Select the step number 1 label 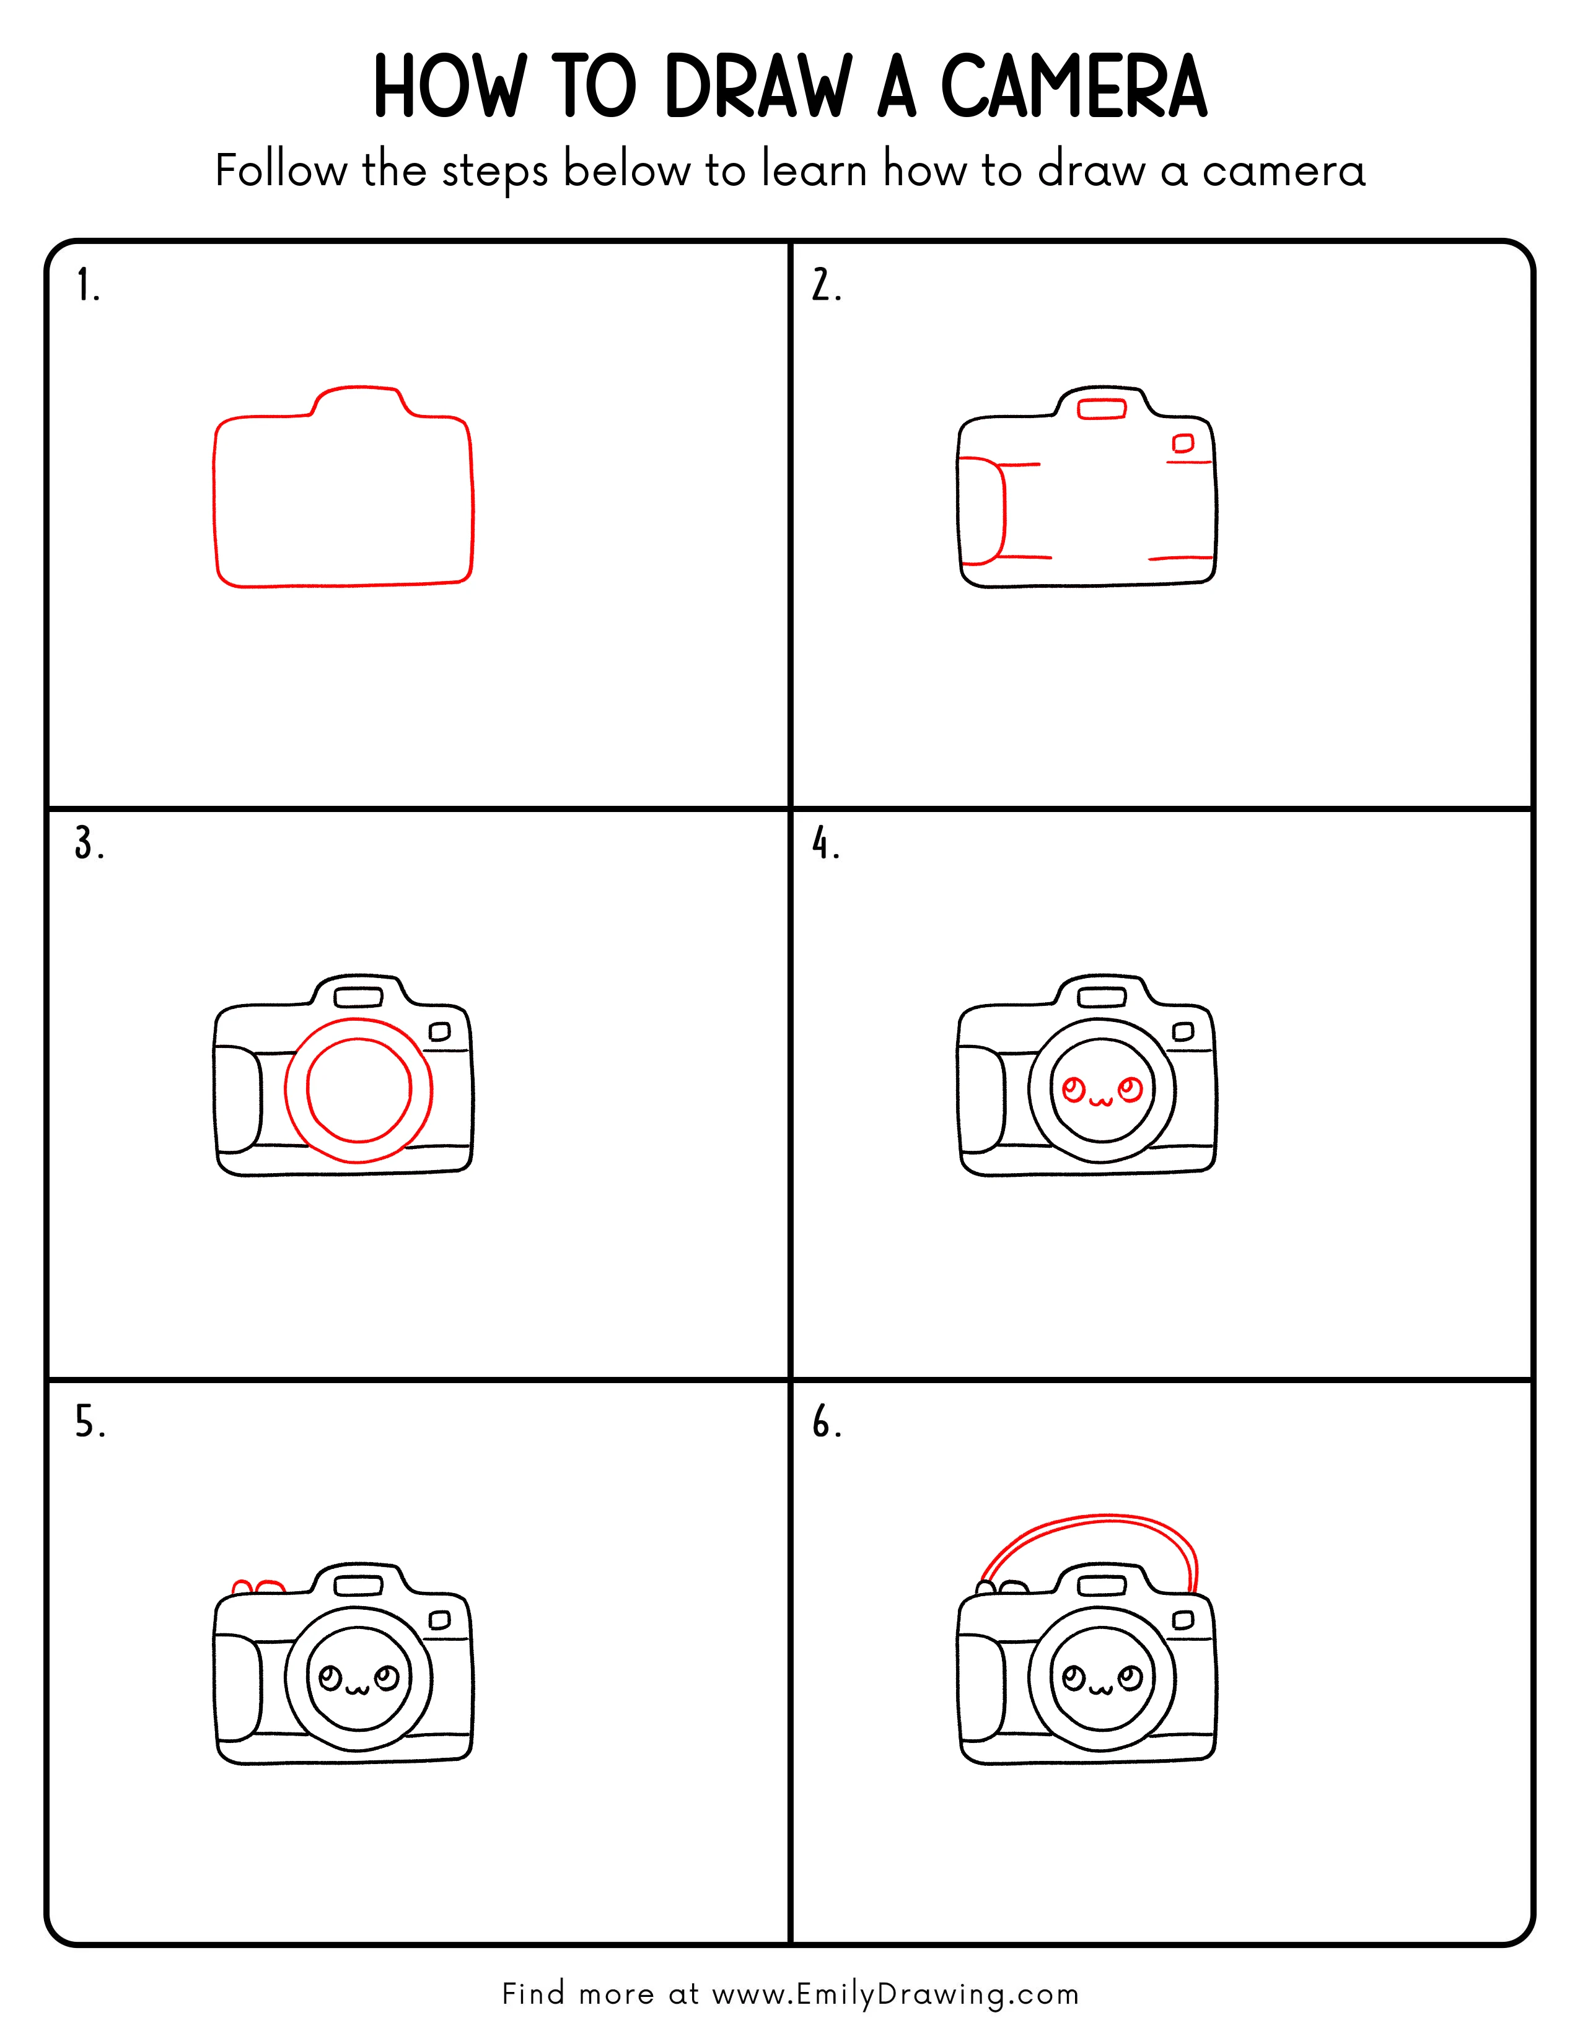[87, 286]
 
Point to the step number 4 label [825, 844]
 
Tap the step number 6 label [825, 1423]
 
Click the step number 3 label [88, 844]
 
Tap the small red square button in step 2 [1183, 443]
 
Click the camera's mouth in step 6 [1102, 1689]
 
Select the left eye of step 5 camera [330, 1677]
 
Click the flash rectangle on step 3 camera [359, 997]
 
